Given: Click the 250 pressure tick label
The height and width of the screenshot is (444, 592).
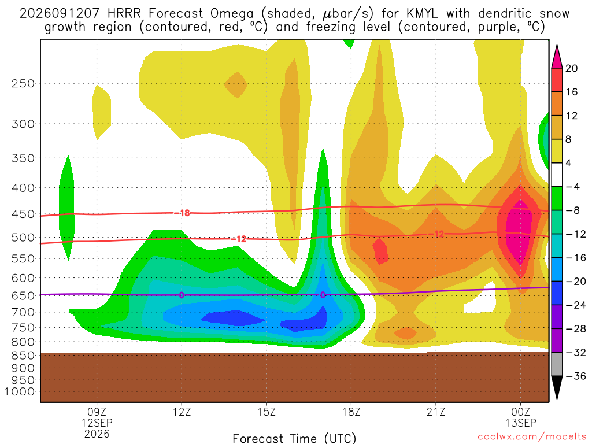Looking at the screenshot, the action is click(23, 83).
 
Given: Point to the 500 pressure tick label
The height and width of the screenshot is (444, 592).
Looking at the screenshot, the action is click(23, 238).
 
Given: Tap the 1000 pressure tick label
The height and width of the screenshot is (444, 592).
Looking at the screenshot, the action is click(20, 392).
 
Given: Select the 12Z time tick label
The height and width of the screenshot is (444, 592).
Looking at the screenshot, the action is click(182, 412).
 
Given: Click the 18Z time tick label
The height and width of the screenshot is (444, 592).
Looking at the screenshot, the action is click(351, 412).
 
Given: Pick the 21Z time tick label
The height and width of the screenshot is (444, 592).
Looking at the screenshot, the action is click(436, 412).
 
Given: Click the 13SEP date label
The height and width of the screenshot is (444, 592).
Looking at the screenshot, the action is click(521, 423).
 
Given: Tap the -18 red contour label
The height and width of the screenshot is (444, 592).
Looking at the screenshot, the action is click(183, 213).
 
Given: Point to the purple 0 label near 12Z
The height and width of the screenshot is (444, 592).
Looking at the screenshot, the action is click(182, 295).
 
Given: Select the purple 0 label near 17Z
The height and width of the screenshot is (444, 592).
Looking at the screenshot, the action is click(323, 295).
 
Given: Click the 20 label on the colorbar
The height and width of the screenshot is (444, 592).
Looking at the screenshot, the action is click(571, 68).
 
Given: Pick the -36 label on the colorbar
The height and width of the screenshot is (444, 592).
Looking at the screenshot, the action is click(575, 376).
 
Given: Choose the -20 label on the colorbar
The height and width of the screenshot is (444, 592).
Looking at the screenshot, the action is click(575, 282).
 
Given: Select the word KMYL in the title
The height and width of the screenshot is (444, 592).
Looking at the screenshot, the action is click(422, 14).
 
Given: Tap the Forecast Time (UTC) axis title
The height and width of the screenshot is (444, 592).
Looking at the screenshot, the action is click(294, 438).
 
